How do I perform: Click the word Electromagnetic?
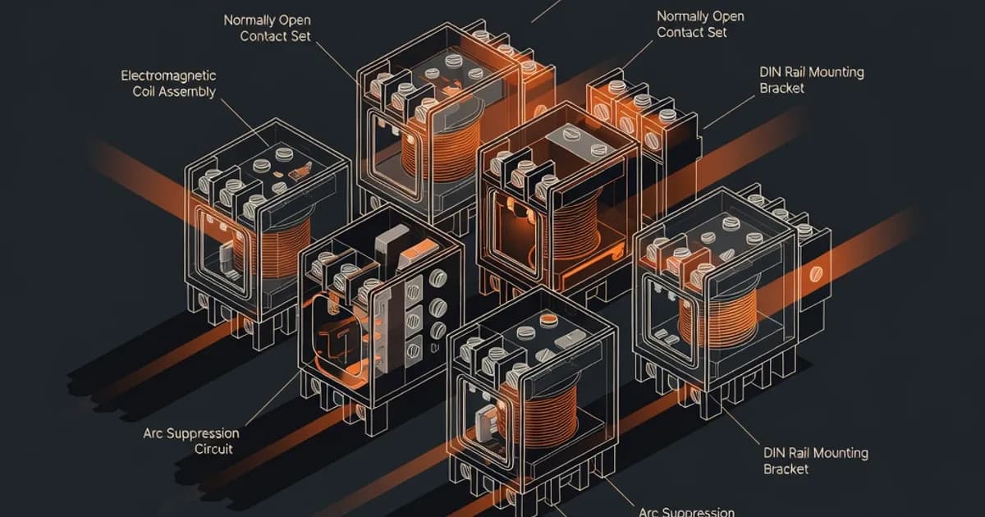(168, 75)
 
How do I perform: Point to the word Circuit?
(213, 449)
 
